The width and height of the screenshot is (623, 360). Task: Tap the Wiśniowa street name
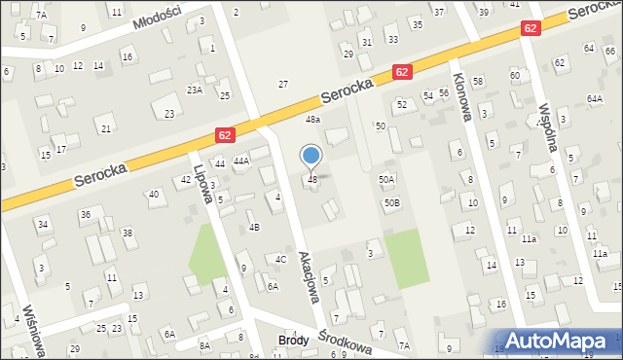(32, 333)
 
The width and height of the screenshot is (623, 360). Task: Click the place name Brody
(293, 341)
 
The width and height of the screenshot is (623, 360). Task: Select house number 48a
(312, 119)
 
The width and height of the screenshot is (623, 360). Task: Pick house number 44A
(241, 161)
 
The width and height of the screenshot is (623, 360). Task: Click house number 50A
(386, 180)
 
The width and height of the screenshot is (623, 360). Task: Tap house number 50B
(391, 202)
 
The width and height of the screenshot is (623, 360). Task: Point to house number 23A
(195, 90)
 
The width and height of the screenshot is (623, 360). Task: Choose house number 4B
(254, 227)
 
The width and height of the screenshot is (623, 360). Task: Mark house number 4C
(280, 259)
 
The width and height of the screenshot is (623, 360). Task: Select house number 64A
(595, 98)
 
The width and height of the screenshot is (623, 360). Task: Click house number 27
(283, 85)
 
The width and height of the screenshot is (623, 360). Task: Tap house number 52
(401, 103)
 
